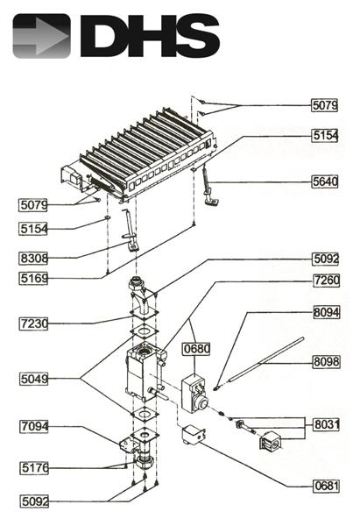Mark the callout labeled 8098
tap(325, 361)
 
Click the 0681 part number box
tap(325, 485)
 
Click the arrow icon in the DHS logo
tap(41, 36)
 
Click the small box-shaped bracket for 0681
tap(192, 438)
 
